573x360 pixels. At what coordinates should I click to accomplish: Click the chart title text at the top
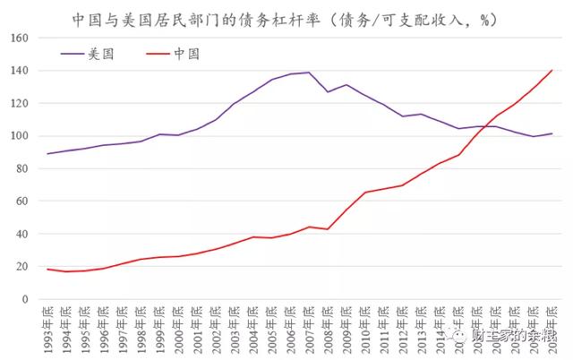click(x=286, y=19)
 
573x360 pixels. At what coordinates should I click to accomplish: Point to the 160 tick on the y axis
click(x=20, y=39)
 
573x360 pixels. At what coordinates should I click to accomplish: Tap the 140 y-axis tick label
click(x=20, y=71)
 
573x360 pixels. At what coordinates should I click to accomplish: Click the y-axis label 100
click(x=20, y=136)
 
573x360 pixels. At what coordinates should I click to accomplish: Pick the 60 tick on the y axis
click(x=22, y=201)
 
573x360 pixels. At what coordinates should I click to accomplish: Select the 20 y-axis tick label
click(x=22, y=267)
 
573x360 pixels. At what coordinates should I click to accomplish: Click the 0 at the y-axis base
click(x=26, y=299)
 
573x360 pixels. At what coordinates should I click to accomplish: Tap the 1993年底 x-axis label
click(x=47, y=326)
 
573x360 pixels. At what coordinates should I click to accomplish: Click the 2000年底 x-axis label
click(x=178, y=326)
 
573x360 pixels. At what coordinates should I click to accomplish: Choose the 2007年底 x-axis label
click(x=309, y=326)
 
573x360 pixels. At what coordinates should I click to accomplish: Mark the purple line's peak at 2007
click(x=309, y=73)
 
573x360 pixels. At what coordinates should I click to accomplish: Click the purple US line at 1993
click(x=47, y=154)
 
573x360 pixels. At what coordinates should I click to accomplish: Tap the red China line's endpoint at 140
click(x=552, y=71)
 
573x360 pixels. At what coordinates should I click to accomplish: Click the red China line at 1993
click(x=47, y=270)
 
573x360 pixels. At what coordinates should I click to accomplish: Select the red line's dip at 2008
click(x=328, y=229)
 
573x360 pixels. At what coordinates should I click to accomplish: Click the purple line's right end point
click(x=552, y=133)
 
